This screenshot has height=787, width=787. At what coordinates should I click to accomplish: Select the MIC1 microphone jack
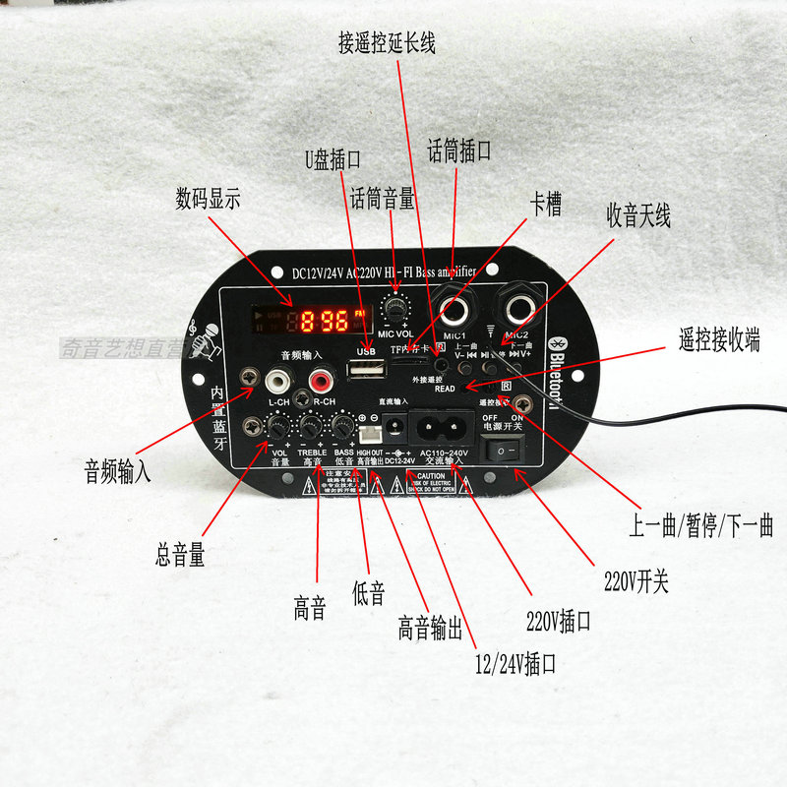point(454,313)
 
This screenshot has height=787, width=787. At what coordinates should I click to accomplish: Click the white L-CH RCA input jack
point(279,378)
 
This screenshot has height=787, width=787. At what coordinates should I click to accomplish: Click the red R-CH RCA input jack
point(321,379)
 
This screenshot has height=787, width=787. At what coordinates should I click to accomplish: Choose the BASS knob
point(343,426)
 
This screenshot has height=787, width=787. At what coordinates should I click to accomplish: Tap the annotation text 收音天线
point(638,215)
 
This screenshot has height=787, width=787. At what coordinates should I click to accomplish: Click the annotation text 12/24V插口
point(515,664)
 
